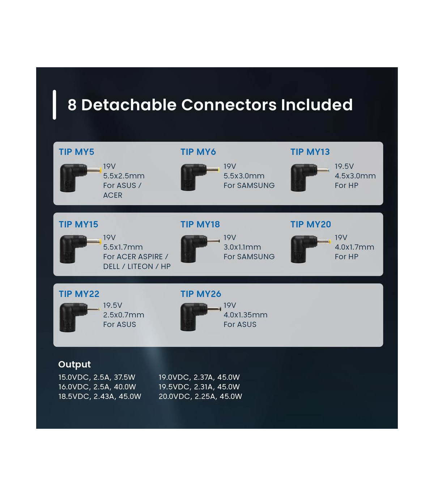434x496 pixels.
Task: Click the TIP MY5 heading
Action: click(76, 152)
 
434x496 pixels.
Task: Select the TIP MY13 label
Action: click(310, 152)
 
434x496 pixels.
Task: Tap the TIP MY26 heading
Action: click(201, 294)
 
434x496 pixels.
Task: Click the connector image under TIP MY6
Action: click(200, 177)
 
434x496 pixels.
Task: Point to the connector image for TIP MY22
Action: click(79, 317)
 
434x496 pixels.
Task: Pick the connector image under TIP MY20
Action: click(310, 249)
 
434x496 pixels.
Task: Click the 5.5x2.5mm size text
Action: click(124, 176)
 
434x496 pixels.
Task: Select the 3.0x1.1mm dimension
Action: click(242, 247)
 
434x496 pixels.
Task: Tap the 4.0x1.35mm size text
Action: click(245, 315)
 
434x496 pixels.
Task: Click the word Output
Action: click(75, 364)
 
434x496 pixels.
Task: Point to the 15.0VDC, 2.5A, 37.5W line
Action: click(97, 377)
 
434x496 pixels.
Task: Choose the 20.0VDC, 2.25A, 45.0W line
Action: click(200, 396)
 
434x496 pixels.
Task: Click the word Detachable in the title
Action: click(129, 105)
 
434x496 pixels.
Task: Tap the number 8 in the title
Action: click(72, 105)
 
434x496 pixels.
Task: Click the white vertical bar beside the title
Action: click(54, 105)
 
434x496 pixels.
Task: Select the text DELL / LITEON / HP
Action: click(137, 266)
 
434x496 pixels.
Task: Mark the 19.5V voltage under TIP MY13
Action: click(344, 166)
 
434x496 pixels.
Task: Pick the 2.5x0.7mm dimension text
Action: click(123, 315)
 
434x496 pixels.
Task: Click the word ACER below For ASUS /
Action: click(112, 195)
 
